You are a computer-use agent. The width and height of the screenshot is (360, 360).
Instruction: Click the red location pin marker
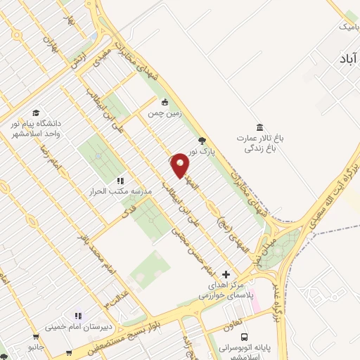pos(181,165)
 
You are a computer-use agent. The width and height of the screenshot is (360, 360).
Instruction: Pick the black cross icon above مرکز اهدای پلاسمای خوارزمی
pos(225,274)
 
